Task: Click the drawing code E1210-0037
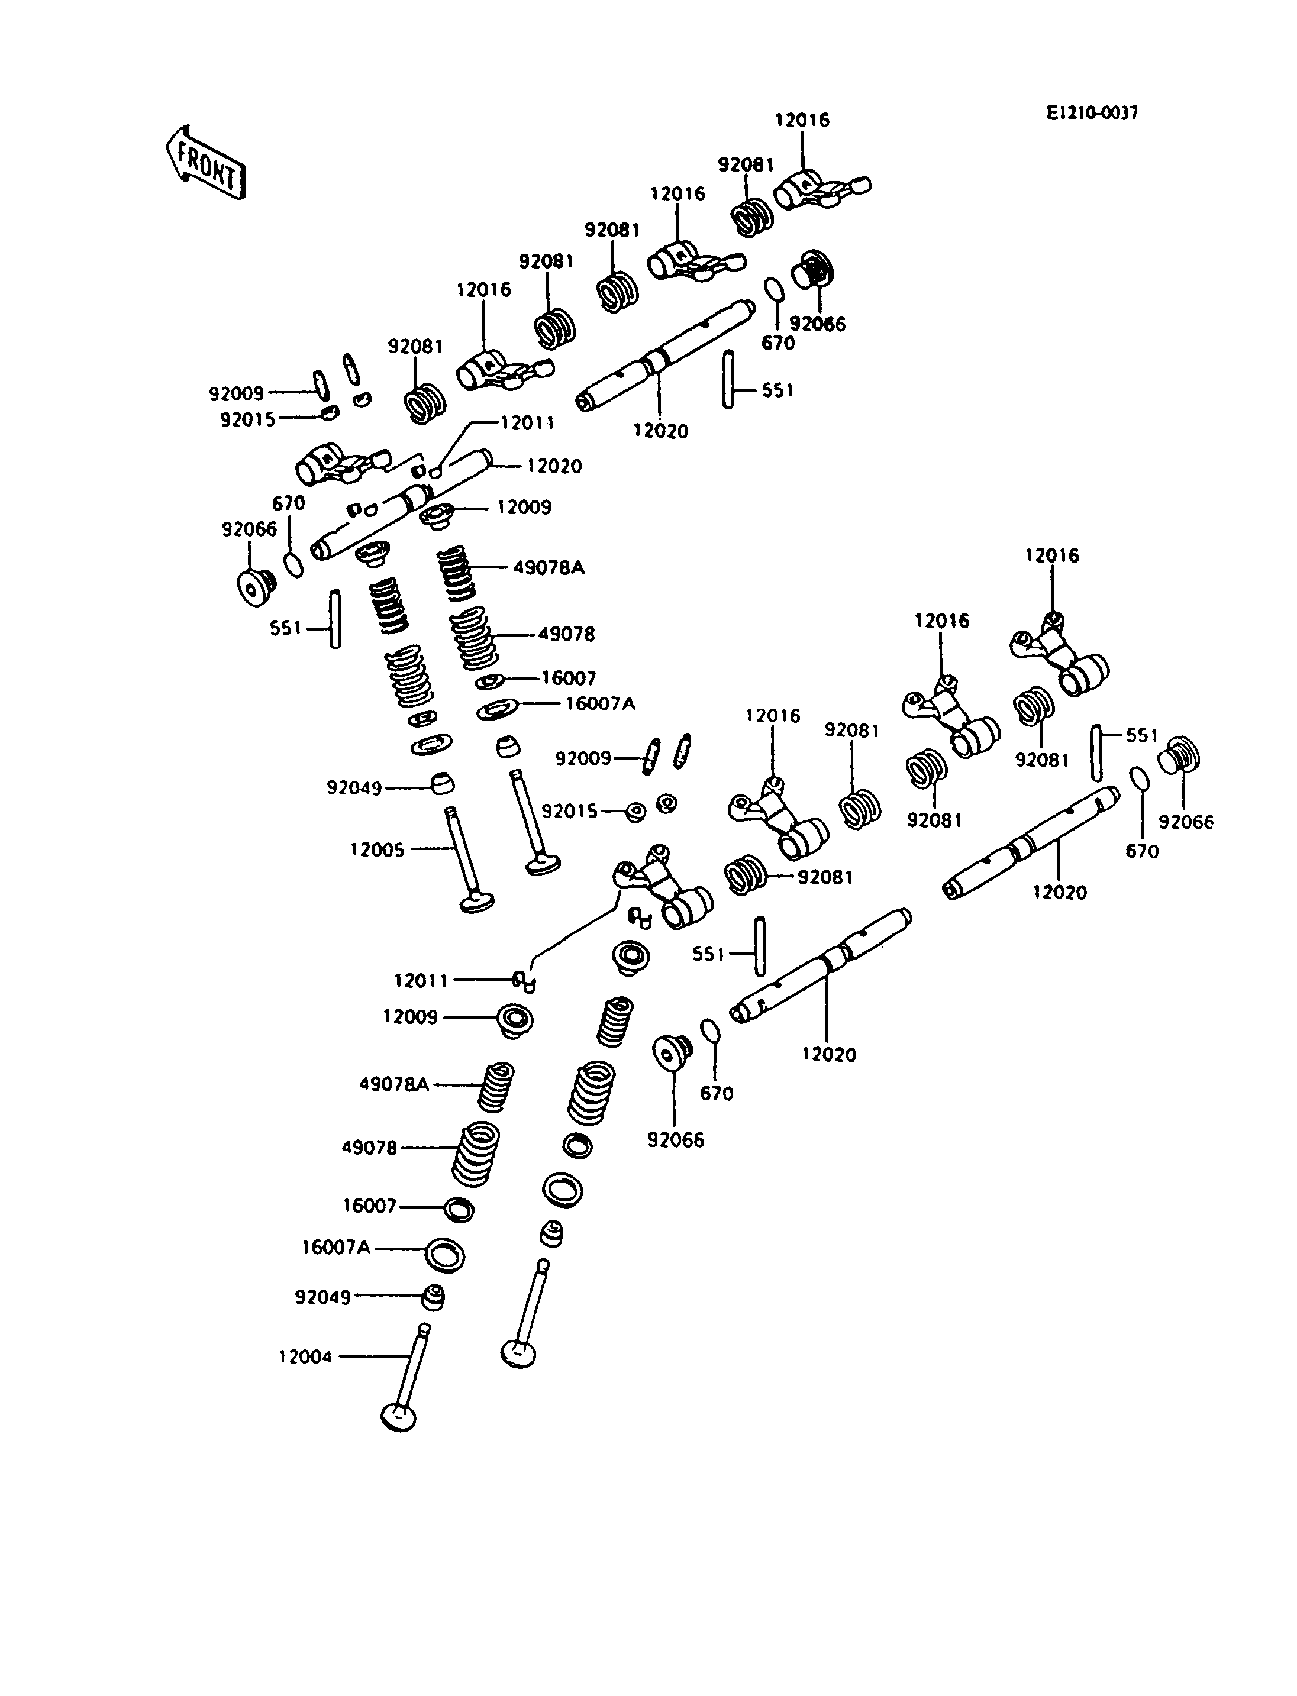1092,114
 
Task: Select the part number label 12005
378,850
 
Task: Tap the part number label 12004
306,1356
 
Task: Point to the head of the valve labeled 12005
476,900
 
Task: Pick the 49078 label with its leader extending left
369,1147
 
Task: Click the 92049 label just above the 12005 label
354,788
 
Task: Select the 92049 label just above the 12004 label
322,1297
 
